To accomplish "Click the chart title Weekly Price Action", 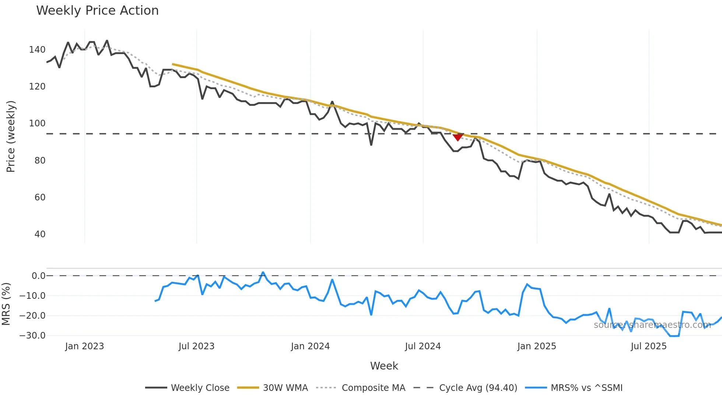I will (97, 11).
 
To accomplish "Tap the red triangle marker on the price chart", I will (458, 137).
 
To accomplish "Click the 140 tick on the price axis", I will (37, 50).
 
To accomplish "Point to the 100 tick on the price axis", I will (37, 123).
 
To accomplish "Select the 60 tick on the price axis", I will (40, 197).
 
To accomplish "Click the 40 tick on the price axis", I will (40, 234).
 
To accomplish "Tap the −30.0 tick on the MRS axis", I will (32, 336).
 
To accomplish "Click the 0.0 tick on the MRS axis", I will (38, 276).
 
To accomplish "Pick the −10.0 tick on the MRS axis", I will (32, 296).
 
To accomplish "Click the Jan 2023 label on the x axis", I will (84, 346).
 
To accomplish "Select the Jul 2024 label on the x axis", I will (423, 346).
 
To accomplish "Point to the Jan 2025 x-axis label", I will (536, 346).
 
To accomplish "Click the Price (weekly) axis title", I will (11, 136).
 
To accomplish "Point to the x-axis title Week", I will (384, 366).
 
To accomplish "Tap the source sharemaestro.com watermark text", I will (652, 325).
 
